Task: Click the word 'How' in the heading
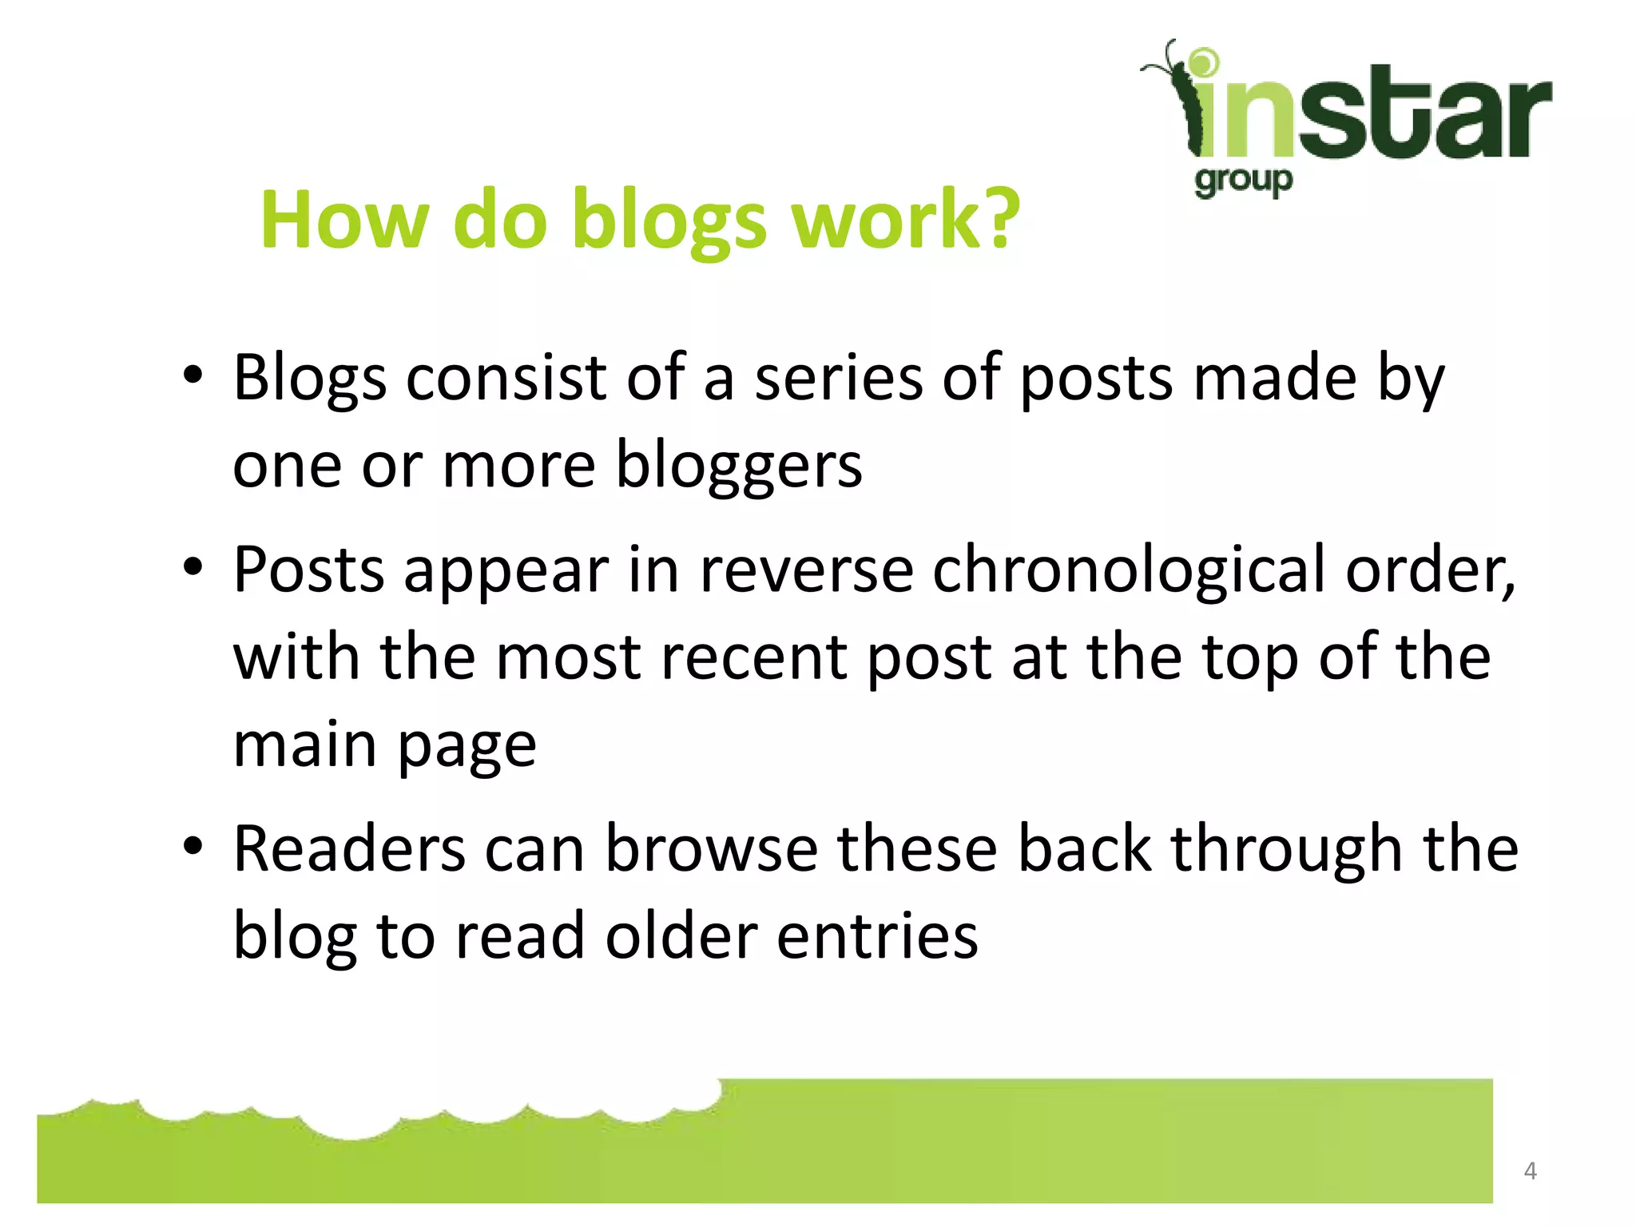click(x=344, y=220)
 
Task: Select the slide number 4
click(x=1530, y=1171)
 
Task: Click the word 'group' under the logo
click(x=1243, y=181)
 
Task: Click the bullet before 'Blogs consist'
click(x=193, y=375)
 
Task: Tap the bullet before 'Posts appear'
click(x=193, y=568)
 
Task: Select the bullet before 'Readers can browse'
click(x=193, y=847)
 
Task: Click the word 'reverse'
click(x=807, y=570)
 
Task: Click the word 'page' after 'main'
click(x=467, y=747)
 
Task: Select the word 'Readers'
click(x=349, y=848)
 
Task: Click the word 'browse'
click(x=711, y=848)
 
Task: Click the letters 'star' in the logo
click(x=1422, y=116)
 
